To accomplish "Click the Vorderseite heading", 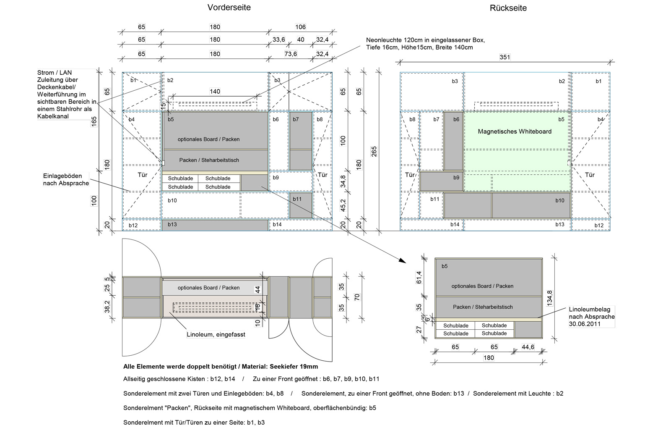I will pyautogui.click(x=229, y=8).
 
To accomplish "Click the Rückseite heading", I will pyautogui.click(x=508, y=8).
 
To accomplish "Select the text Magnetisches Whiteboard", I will pyautogui.click(x=515, y=131).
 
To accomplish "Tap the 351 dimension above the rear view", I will pyautogui.click(x=505, y=57).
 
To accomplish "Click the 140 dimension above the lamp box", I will pyautogui.click(x=215, y=92).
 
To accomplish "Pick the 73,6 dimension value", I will pyautogui.click(x=291, y=54).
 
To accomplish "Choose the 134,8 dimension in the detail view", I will pyautogui.click(x=550, y=298).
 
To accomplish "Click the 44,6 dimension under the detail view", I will pyautogui.click(x=528, y=347).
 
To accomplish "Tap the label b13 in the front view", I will pyautogui.click(x=172, y=225).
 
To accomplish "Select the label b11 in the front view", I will pyautogui.click(x=297, y=199).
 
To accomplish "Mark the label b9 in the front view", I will pyautogui.click(x=276, y=178).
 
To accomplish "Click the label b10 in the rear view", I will pyautogui.click(x=560, y=201).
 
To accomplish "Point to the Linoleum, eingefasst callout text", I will pyautogui.click(x=216, y=335).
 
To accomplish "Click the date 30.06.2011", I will pyautogui.click(x=585, y=324).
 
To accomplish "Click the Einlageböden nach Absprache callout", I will pyautogui.click(x=66, y=179).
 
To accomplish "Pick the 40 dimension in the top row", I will pyautogui.click(x=301, y=39).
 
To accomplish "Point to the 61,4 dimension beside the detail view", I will pyautogui.click(x=419, y=277).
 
